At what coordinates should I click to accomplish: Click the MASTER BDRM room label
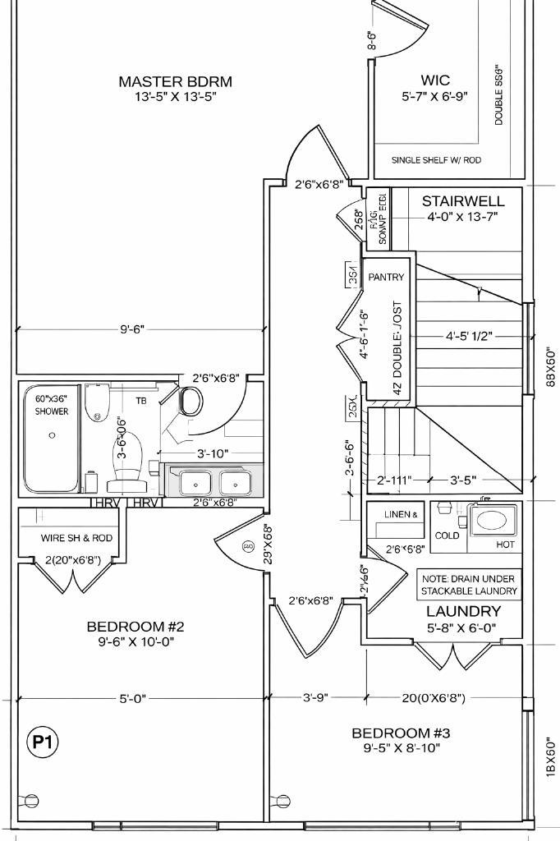175,81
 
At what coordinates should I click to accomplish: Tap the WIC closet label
435,80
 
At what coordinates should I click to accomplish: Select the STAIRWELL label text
463,201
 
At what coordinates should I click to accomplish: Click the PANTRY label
386,278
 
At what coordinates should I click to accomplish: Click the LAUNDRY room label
463,611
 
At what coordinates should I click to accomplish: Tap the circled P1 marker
43,743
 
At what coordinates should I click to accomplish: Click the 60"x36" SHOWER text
52,405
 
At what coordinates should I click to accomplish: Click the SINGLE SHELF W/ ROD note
436,160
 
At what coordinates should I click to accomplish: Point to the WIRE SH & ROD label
76,539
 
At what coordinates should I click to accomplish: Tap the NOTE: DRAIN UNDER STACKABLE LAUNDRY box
469,584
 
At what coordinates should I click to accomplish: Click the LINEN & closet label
402,514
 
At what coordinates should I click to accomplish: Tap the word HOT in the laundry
503,545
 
